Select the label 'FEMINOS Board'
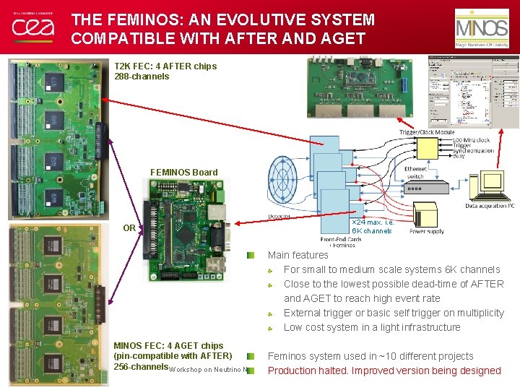pyautogui.click(x=183, y=172)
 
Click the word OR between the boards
pyautogui.click(x=129, y=228)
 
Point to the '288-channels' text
pyautogui.click(x=142, y=76)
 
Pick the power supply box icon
pyautogui.click(x=426, y=216)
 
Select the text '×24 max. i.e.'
pyautogui.click(x=373, y=222)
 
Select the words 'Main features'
pyautogui.click(x=298, y=255)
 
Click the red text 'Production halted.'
pyautogui.click(x=313, y=370)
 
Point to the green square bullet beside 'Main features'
pyautogui.click(x=250, y=255)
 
